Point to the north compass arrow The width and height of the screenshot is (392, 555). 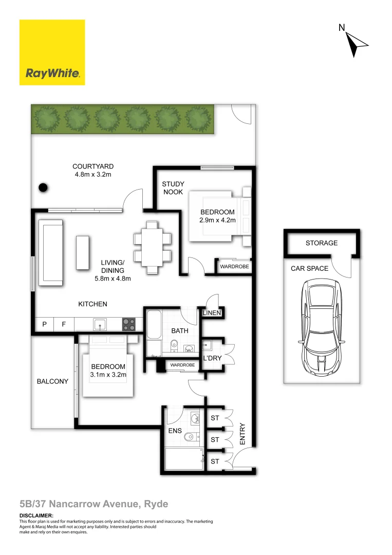[356, 44]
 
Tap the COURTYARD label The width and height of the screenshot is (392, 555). [93, 166]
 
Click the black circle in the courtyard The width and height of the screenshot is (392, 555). [44, 188]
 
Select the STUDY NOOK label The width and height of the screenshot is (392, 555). [173, 188]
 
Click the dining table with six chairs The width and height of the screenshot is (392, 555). [153, 247]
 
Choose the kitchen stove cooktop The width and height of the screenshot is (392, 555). [129, 324]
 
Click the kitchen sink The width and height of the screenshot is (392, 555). [100, 324]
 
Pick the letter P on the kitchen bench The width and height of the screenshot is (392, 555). [45, 325]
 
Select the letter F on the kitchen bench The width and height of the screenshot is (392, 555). [64, 325]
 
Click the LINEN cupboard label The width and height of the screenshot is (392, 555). [212, 313]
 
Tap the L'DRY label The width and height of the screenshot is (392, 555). [211, 358]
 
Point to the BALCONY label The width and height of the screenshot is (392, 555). [52, 381]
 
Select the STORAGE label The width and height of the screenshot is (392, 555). [322, 243]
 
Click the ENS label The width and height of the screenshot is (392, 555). [175, 431]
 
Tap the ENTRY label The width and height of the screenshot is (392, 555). [243, 434]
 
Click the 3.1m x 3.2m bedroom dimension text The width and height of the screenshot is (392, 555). [108, 375]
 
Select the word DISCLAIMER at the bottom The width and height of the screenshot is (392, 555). [36, 515]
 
